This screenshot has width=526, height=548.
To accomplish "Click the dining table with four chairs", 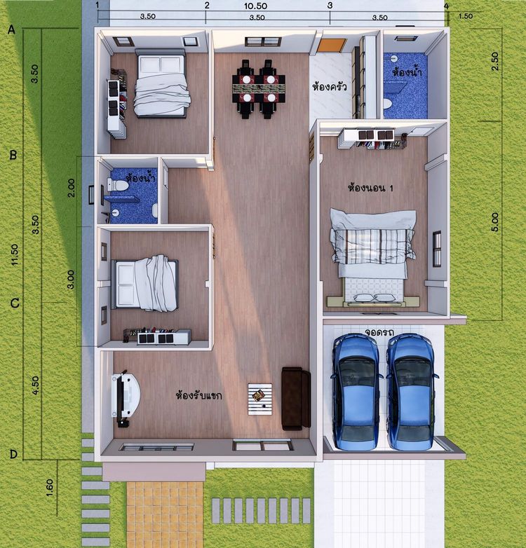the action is pyautogui.click(x=259, y=89).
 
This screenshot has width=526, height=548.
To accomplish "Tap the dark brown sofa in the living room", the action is pyautogui.click(x=296, y=399).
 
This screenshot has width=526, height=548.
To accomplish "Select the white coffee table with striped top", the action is pyautogui.click(x=260, y=399).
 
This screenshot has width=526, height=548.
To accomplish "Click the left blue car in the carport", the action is pyautogui.click(x=357, y=392).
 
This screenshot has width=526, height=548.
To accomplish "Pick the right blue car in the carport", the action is pyautogui.click(x=411, y=392).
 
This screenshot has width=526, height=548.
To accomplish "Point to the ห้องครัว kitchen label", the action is pyautogui.click(x=330, y=86).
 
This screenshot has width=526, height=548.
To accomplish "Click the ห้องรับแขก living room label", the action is pyautogui.click(x=198, y=396).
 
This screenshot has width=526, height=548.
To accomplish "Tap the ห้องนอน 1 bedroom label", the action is pyautogui.click(x=370, y=188).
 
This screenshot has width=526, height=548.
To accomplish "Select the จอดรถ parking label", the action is pyautogui.click(x=379, y=331).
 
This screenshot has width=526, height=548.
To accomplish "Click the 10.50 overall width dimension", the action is pyautogui.click(x=256, y=6).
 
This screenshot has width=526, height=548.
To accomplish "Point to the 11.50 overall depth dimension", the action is pyautogui.click(x=14, y=254).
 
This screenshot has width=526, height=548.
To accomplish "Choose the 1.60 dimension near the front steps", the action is pyautogui.click(x=50, y=487).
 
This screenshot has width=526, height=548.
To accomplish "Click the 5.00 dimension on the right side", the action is pyautogui.click(x=495, y=222).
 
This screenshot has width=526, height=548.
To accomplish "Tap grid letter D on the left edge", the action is pyautogui.click(x=13, y=454).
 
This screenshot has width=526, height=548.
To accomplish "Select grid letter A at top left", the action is pyautogui.click(x=11, y=29).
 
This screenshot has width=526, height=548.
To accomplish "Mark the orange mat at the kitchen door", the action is pyautogui.click(x=331, y=46).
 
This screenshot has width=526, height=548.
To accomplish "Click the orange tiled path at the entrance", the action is pyautogui.click(x=165, y=514).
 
